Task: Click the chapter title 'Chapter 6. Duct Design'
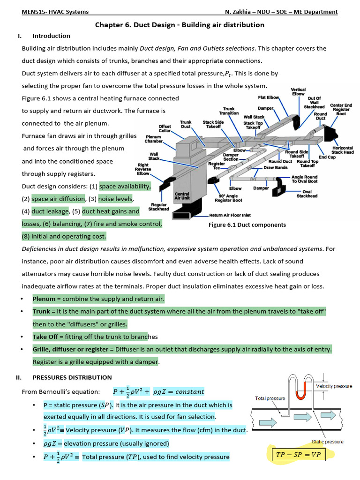click(x=180, y=25)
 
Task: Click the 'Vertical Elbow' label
click(x=298, y=91)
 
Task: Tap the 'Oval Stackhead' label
click(x=307, y=194)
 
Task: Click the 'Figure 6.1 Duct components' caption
click(x=247, y=225)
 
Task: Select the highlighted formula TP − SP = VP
click(x=298, y=455)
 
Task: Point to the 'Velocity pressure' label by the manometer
click(x=334, y=386)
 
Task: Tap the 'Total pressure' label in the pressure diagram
click(x=270, y=398)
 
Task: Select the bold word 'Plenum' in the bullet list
click(x=44, y=299)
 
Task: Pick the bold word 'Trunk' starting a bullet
click(x=41, y=311)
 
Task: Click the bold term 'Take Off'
click(x=45, y=337)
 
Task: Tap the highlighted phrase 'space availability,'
click(x=125, y=186)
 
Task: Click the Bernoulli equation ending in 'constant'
click(x=159, y=391)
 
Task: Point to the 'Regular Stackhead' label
click(x=159, y=207)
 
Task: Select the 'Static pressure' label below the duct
click(x=328, y=442)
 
